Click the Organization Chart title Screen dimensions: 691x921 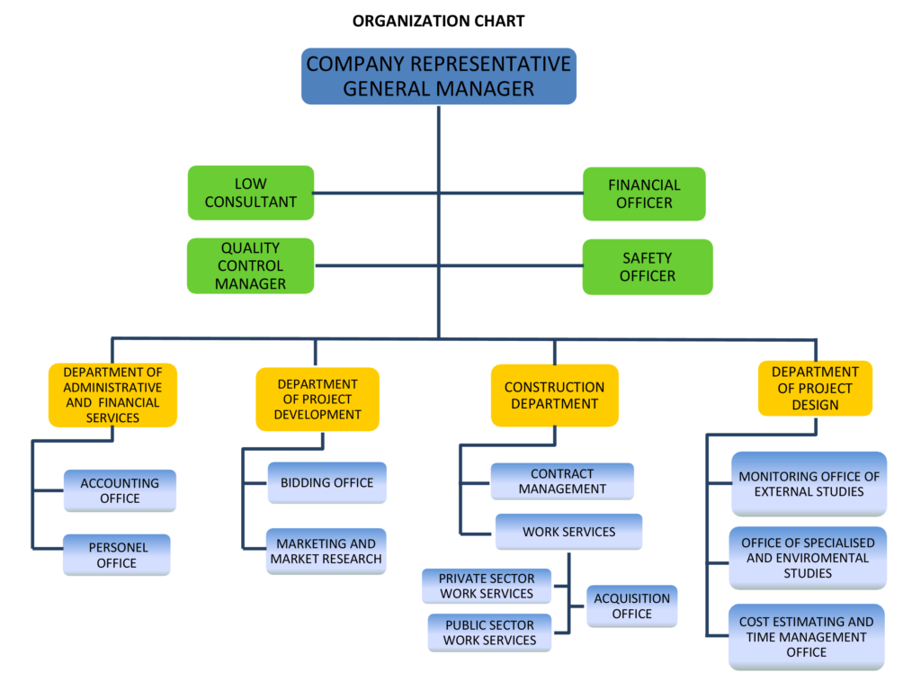[x=438, y=21]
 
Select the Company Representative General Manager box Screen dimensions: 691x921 [x=438, y=76]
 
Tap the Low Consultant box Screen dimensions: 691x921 [x=250, y=193]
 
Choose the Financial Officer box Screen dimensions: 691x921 [x=644, y=193]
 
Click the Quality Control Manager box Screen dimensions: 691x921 [x=250, y=265]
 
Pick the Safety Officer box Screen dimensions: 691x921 [x=647, y=266]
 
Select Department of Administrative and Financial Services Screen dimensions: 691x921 [x=112, y=395]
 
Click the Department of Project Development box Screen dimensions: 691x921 [x=317, y=399]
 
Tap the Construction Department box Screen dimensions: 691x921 [x=554, y=395]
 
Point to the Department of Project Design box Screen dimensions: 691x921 [x=815, y=389]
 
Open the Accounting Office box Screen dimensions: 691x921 [x=120, y=490]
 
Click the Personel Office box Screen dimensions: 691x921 [x=117, y=555]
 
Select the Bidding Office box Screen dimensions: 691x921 [x=326, y=483]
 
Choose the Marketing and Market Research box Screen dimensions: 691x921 [x=326, y=552]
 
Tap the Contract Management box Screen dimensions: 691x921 [x=562, y=481]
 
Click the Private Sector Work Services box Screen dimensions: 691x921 [x=487, y=586]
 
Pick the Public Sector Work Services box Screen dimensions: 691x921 [x=489, y=633]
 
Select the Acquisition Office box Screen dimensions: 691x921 [x=631, y=606]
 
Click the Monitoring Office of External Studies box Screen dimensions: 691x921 [x=809, y=484]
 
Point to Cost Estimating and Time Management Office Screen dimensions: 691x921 [x=806, y=637]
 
